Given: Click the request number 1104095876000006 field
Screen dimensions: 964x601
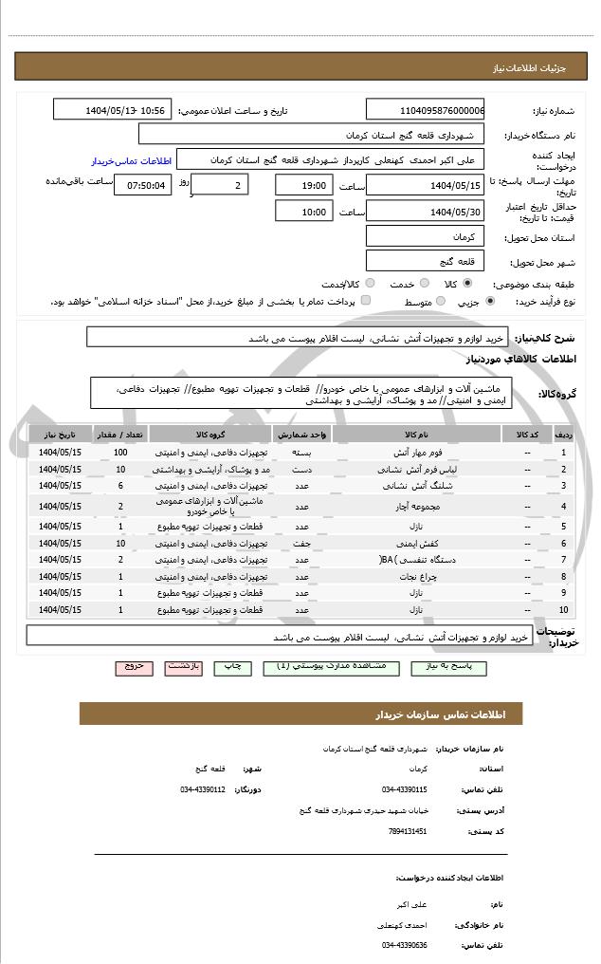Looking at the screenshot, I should pyautogui.click(x=426, y=110).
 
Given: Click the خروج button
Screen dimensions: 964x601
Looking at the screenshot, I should pyautogui.click(x=134, y=667).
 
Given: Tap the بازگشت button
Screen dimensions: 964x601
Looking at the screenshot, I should pyautogui.click(x=184, y=667).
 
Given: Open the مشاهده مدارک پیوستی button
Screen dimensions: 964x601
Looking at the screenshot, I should pyautogui.click(x=330, y=667).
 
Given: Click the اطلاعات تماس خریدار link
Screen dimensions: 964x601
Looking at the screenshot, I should pyautogui.click(x=130, y=161).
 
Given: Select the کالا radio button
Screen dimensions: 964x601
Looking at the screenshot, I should pyautogui.click(x=467, y=283).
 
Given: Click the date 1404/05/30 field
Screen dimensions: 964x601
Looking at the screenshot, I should pyautogui.click(x=426, y=211).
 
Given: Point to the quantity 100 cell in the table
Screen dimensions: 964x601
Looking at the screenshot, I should pyautogui.click(x=120, y=452).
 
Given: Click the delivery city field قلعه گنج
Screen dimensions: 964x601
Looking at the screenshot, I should pyautogui.click(x=426, y=260).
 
